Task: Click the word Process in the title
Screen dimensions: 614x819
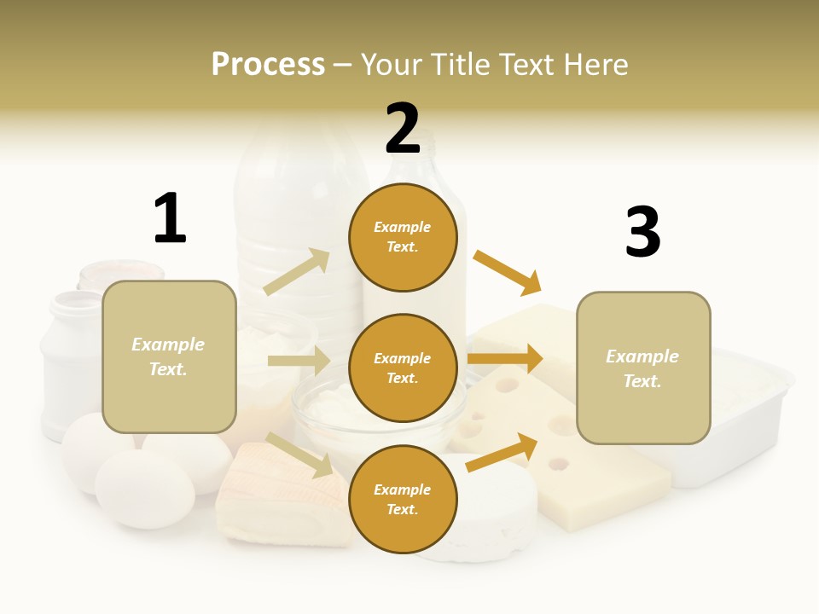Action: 268,65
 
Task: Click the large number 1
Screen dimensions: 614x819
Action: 170,219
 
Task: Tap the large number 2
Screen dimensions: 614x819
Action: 403,129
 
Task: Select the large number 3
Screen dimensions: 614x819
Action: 642,233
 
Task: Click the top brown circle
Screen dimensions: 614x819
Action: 403,237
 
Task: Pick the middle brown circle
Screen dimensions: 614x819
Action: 403,368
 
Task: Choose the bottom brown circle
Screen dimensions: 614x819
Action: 403,499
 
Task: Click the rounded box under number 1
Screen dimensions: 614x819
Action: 169,356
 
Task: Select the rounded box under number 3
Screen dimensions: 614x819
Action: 643,368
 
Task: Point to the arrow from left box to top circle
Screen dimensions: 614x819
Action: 297,271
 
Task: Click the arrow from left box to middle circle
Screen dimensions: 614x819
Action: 298,361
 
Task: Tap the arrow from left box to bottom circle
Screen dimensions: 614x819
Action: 300,455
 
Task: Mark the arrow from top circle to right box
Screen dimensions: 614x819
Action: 508,272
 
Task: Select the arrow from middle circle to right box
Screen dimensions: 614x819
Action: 505,358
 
